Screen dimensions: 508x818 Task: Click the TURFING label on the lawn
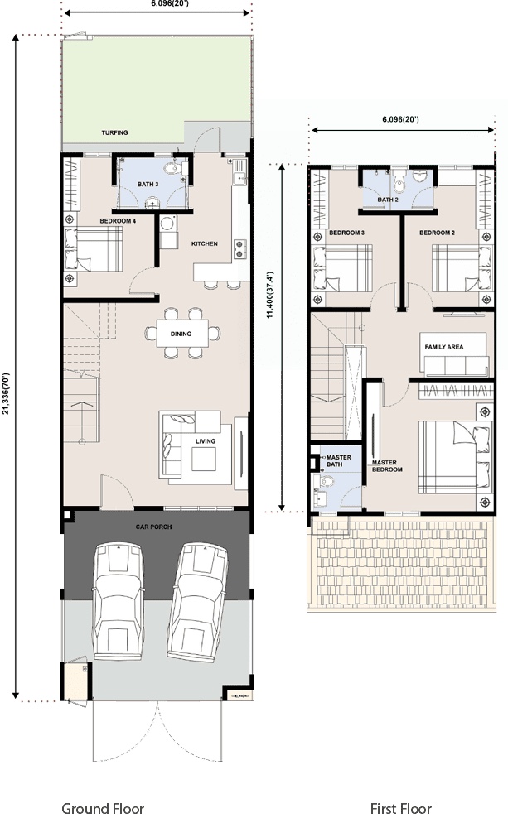114,132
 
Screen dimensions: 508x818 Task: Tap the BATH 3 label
148,184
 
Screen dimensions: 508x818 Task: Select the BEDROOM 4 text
118,221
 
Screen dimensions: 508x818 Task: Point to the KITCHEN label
204,243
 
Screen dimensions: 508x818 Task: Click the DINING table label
181,334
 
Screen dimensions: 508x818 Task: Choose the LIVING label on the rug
206,441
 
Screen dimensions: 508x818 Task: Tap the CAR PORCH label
153,527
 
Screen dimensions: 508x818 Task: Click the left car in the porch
118,601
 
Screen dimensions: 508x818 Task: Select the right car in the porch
197,600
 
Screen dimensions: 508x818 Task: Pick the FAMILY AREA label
444,346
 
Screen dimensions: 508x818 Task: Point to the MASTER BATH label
338,460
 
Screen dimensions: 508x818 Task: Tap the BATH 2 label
388,200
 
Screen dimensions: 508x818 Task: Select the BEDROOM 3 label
346,233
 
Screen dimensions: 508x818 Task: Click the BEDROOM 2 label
437,233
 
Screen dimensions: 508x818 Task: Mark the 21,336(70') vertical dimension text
6,393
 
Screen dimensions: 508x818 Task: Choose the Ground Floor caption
103,809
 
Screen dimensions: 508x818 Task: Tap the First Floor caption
400,809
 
